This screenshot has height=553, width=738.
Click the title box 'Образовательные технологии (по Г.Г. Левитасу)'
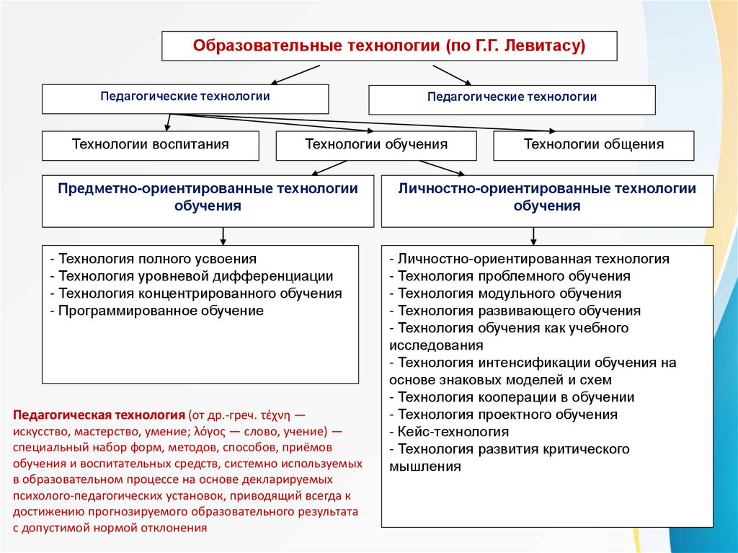coord(389,46)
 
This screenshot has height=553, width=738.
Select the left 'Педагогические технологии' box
coord(185,98)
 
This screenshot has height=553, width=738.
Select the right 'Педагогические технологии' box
coord(512,99)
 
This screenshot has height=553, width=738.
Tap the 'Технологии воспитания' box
coord(151,145)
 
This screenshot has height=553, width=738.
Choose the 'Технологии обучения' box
coord(376,145)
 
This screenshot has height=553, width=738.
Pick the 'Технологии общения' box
coord(594,145)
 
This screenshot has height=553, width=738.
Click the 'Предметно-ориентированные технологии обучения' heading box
coord(208,197)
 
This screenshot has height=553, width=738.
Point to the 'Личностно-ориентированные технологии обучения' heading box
coord(547,197)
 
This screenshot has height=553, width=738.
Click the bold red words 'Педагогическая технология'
coord(98,416)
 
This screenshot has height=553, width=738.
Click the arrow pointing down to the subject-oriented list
coord(223,236)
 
